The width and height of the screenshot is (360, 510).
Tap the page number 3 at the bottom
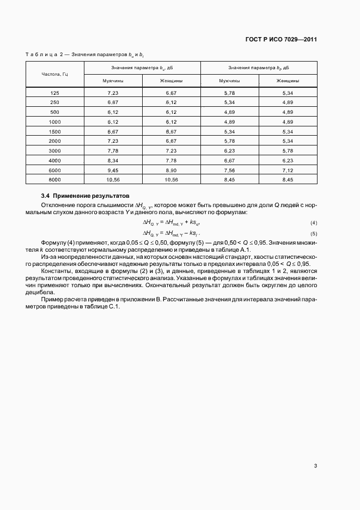pyautogui.click(x=315, y=466)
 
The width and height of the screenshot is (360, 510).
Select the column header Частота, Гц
pyautogui.click(x=54, y=74)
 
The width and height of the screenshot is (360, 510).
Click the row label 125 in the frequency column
pyautogui.click(x=54, y=93)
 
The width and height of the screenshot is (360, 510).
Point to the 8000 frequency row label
pyautogui.click(x=54, y=179)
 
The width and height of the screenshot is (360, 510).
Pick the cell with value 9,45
pyautogui.click(x=113, y=169)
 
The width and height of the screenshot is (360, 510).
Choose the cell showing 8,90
pyautogui.click(x=171, y=169)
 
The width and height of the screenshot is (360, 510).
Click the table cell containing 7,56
pyautogui.click(x=229, y=169)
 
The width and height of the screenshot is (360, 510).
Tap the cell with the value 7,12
pyautogui.click(x=288, y=169)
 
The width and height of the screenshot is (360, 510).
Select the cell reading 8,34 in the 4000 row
pyautogui.click(x=113, y=160)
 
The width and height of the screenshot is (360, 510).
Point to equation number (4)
pyautogui.click(x=313, y=223)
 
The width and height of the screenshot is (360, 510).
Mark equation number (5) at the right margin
pyautogui.click(x=313, y=233)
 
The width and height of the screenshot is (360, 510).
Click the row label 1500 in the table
pyautogui.click(x=54, y=131)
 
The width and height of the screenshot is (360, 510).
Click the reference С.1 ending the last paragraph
pyautogui.click(x=116, y=306)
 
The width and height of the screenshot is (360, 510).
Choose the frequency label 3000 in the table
pyautogui.click(x=54, y=150)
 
